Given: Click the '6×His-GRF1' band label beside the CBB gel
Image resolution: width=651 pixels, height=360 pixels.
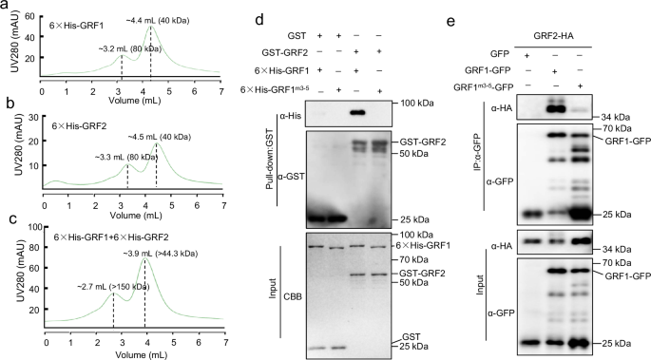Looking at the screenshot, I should click(x=427, y=246).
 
